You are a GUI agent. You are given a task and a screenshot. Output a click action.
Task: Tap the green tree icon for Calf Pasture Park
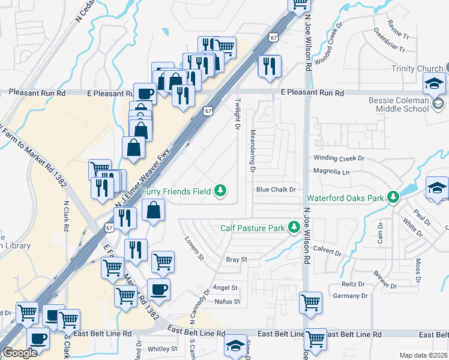click(x=294, y=227)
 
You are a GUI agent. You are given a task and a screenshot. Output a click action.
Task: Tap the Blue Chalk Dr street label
click(x=276, y=190)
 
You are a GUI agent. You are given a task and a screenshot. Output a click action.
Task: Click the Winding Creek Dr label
click(x=339, y=158)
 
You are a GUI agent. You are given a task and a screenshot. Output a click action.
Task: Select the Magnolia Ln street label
click(x=331, y=172)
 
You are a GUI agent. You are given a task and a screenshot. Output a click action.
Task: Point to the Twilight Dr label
click(x=237, y=115)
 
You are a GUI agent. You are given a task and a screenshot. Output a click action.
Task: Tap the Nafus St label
click(x=228, y=301)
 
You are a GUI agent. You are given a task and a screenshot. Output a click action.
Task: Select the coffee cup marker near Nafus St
click(x=158, y=289)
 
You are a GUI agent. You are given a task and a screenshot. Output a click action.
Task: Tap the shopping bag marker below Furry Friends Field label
click(x=154, y=210)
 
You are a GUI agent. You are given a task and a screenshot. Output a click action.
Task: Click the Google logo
click(x=20, y=353)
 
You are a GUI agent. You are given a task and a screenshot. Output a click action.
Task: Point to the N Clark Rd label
click(x=67, y=214)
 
